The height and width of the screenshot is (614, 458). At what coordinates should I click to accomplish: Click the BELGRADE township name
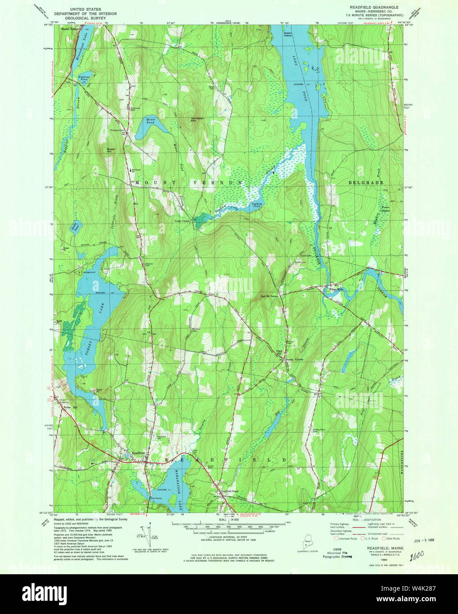366,182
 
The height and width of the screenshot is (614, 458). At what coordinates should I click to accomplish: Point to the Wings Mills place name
336,290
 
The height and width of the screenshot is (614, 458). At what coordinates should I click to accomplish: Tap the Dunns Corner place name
294,359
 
